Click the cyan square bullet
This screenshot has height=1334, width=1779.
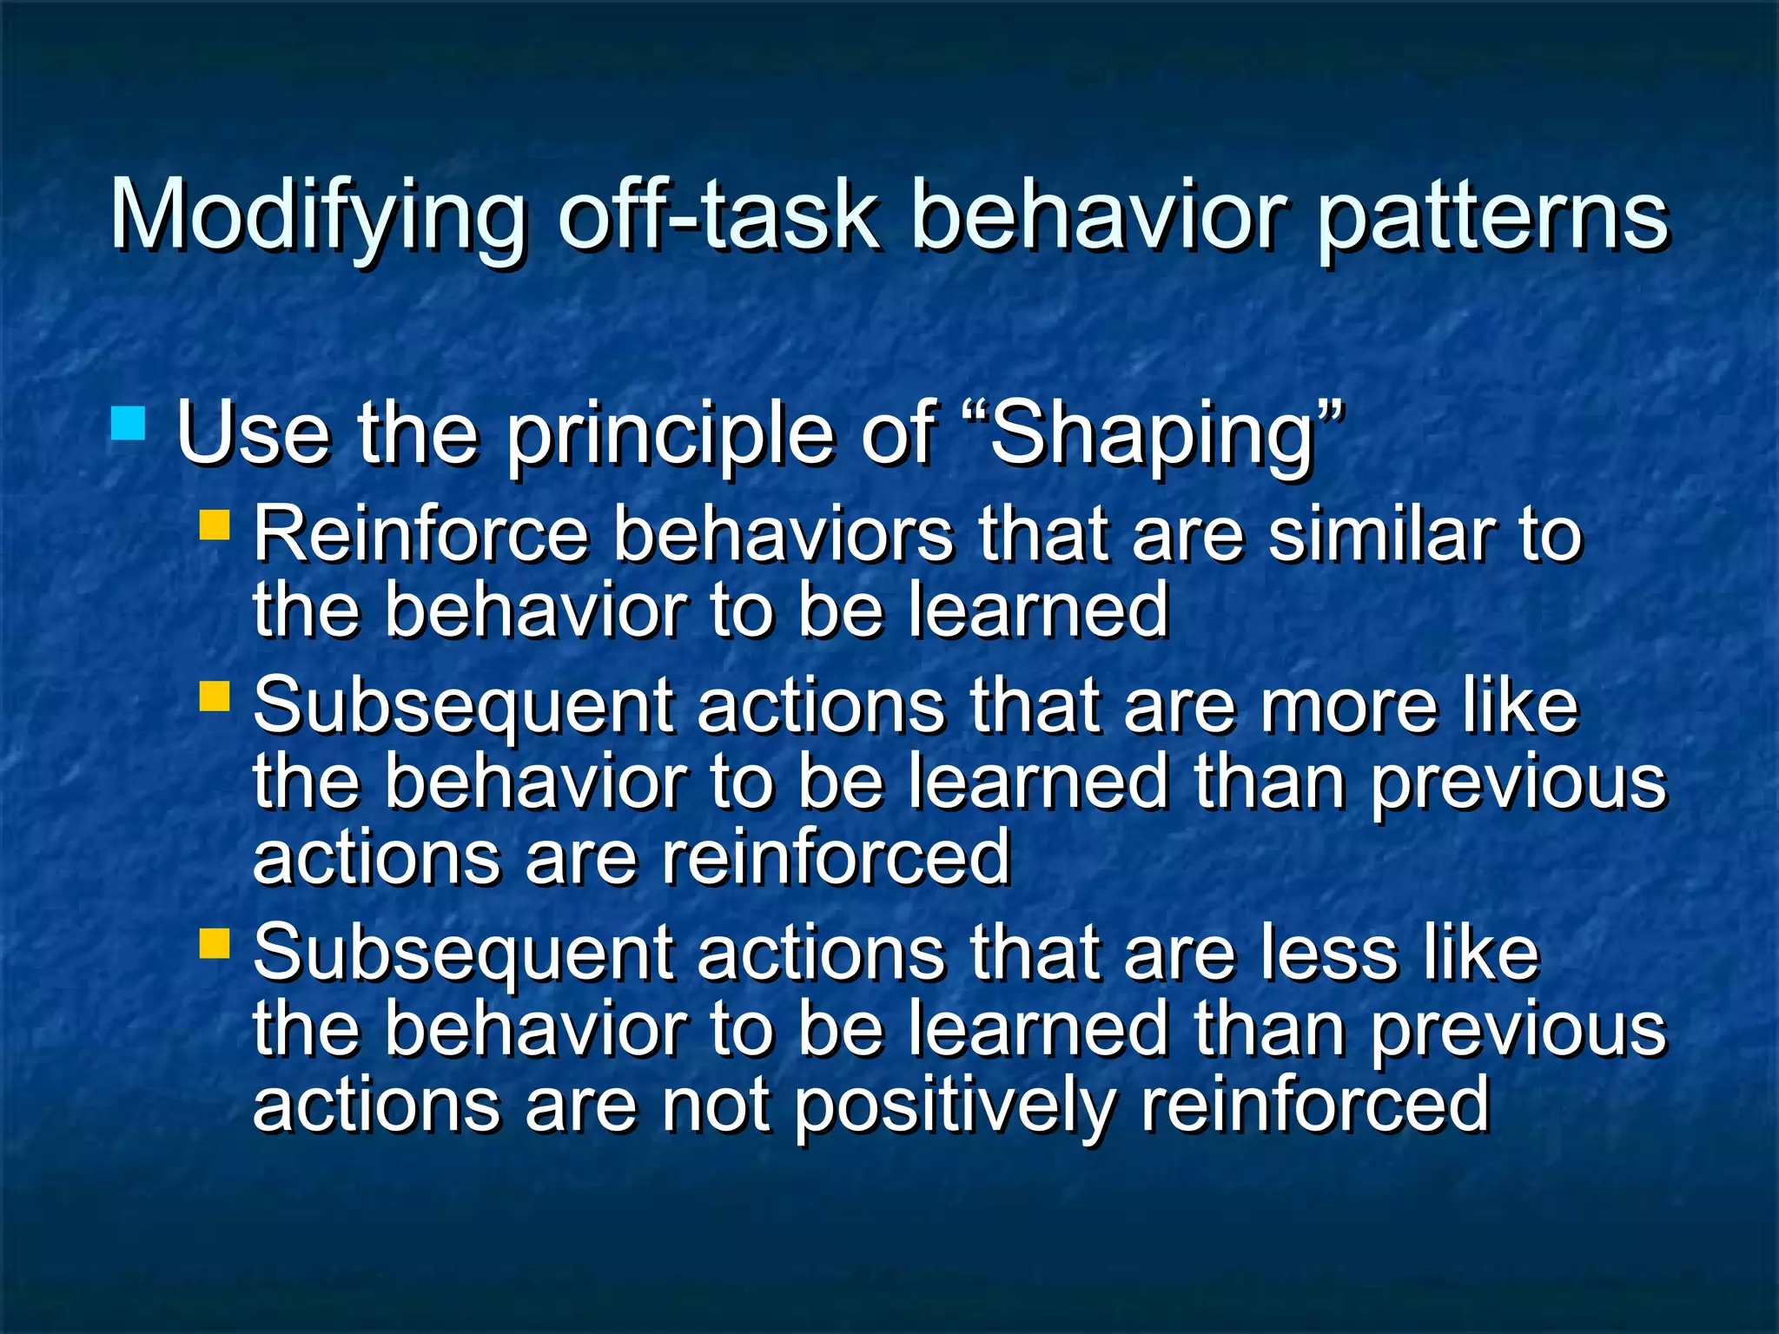[x=129, y=425]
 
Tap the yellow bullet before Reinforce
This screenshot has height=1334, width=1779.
[x=214, y=525]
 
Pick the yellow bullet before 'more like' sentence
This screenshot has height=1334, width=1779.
[x=214, y=696]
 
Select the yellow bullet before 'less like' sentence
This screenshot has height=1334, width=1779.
[x=214, y=943]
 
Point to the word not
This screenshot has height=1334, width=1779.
[x=716, y=1105]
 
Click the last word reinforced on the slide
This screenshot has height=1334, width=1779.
[x=1315, y=1105]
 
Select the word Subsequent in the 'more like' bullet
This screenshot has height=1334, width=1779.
[x=463, y=707]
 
